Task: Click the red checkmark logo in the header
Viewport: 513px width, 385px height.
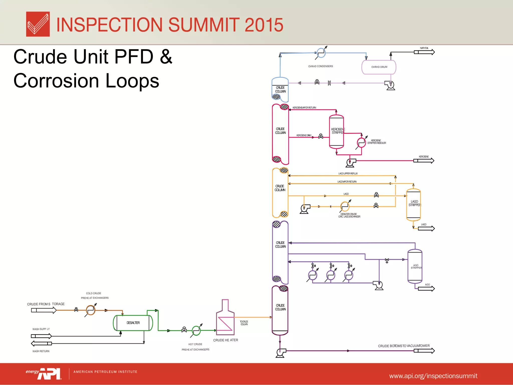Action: coord(38,24)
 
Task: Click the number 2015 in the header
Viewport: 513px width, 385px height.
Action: coord(264,25)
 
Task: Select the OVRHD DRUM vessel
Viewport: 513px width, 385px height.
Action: coord(379,67)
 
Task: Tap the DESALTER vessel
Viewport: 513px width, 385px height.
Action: coord(133,323)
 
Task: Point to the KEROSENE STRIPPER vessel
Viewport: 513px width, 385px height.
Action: coord(336,132)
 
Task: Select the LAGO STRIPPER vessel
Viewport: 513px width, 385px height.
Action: coord(414,205)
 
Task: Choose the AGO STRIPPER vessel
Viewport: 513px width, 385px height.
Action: coord(415,266)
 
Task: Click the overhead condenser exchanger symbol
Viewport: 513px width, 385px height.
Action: coord(321,53)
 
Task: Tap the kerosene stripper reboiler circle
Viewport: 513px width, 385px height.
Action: coord(361,143)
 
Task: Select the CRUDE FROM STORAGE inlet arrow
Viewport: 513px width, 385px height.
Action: coord(44,310)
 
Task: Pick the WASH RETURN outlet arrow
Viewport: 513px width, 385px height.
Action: coord(41,343)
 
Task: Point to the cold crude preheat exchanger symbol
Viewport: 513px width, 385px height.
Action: coord(90,310)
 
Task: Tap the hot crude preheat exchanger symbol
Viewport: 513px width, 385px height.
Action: coord(196,331)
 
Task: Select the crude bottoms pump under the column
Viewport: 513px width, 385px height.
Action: coord(280,352)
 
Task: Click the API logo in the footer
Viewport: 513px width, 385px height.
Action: coord(49,374)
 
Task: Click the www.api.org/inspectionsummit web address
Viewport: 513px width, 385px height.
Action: coord(433,376)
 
